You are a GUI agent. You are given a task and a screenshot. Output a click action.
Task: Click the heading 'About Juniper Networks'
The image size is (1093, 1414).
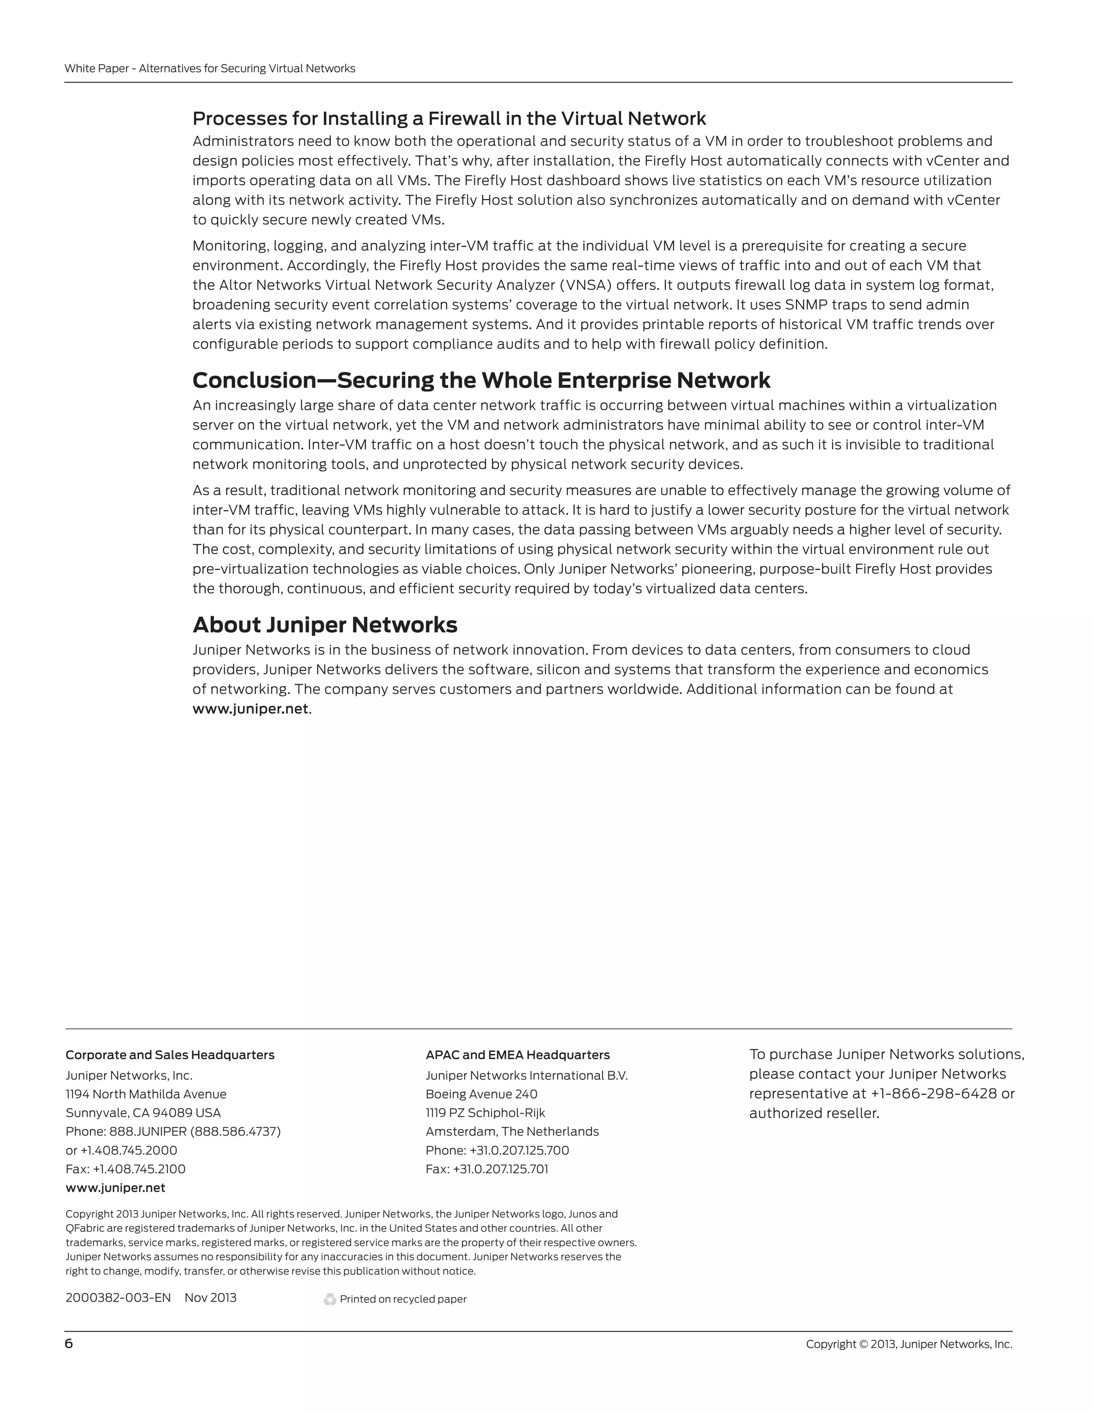tap(325, 625)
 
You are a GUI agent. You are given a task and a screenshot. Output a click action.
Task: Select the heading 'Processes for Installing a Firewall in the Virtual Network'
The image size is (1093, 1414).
tap(449, 118)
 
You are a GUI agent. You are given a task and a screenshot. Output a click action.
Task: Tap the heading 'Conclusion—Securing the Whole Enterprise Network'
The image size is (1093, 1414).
tap(481, 380)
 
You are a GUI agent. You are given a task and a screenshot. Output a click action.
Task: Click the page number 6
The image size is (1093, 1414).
tap(69, 1344)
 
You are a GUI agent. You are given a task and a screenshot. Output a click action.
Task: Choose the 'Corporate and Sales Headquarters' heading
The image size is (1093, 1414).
tap(170, 1055)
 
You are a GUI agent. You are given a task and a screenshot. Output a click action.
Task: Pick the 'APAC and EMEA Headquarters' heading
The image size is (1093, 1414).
tap(517, 1055)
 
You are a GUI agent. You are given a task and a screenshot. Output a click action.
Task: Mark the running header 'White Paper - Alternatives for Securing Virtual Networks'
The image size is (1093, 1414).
tap(210, 69)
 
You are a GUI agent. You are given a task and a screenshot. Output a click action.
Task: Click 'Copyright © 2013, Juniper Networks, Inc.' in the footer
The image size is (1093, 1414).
tap(908, 1344)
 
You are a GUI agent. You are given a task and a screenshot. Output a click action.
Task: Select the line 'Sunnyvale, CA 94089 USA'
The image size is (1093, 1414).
tap(143, 1113)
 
